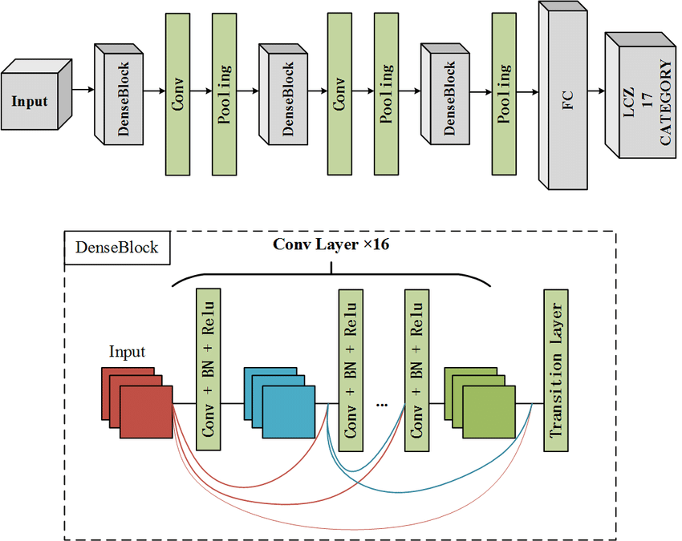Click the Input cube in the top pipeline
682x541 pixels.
coord(32,100)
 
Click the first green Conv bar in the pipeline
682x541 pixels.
coord(177,94)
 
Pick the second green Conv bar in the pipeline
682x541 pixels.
coord(340,94)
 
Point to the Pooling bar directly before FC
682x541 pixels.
coord(504,94)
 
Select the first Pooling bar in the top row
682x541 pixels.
coord(225,94)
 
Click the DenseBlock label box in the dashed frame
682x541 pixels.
coord(117,248)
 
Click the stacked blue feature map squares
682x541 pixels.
coord(281,402)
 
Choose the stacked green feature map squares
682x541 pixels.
coord(480,402)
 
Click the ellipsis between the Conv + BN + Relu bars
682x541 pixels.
coord(381,405)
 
